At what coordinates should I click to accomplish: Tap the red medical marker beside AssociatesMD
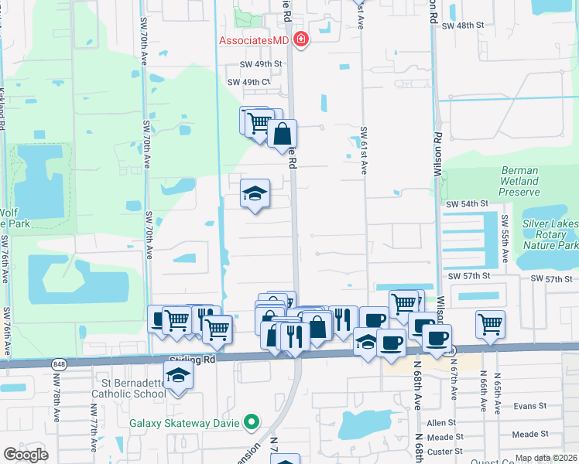300,39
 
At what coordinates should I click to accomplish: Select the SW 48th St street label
462,25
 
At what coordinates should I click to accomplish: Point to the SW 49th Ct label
249,82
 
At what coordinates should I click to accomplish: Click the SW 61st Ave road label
363,151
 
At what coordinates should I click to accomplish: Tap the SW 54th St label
467,203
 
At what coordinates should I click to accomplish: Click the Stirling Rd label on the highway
191,360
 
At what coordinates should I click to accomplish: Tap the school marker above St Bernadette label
180,377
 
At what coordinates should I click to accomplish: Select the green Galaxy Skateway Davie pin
250,421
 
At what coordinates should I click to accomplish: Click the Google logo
26,455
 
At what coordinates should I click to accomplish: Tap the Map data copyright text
546,458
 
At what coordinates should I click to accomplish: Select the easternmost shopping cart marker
490,324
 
